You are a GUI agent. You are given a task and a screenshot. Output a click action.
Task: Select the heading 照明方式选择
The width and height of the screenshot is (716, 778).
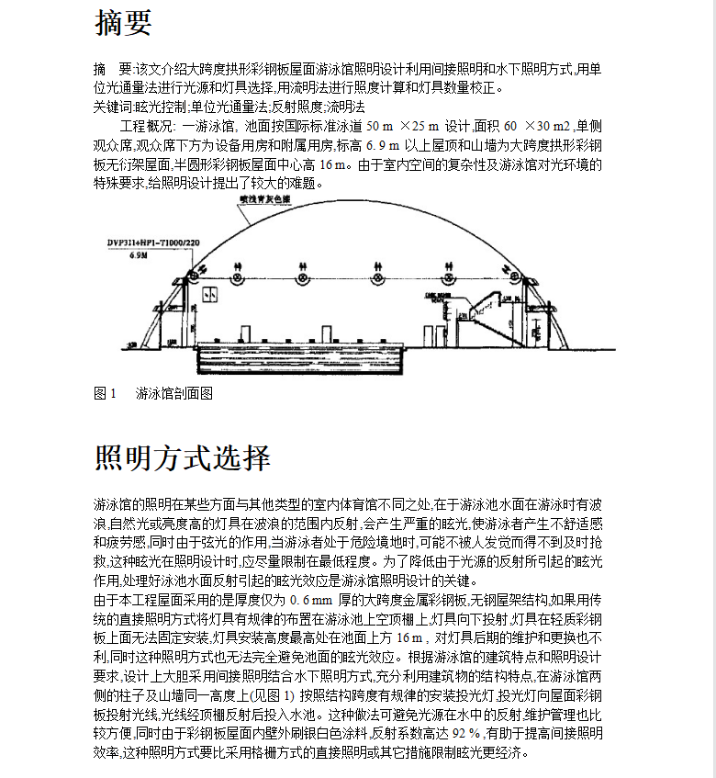click(x=183, y=457)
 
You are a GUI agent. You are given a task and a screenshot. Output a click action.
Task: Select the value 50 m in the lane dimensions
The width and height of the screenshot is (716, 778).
click(x=380, y=126)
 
